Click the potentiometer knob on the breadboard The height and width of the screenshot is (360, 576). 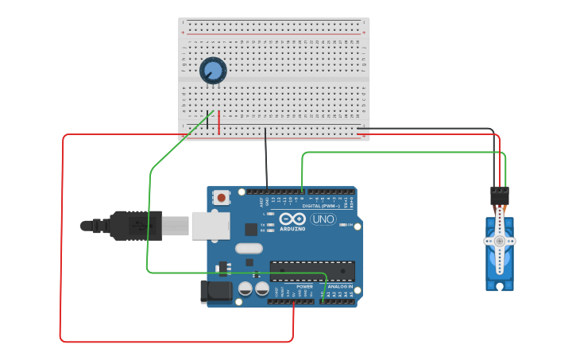tap(213, 71)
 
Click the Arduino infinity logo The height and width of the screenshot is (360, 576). tap(292, 219)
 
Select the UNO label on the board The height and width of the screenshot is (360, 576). tap(323, 219)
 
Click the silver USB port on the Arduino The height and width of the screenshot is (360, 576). tap(211, 226)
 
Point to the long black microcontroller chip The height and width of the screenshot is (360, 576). tap(311, 271)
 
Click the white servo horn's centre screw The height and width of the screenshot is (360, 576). tap(500, 241)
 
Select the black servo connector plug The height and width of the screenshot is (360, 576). tap(500, 195)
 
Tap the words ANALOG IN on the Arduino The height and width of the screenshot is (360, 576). tap(339, 286)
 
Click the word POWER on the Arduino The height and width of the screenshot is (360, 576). tap(304, 286)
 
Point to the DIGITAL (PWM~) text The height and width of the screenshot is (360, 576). tap(321, 206)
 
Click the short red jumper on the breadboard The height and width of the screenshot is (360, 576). tap(219, 121)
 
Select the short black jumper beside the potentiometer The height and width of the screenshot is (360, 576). tap(208, 120)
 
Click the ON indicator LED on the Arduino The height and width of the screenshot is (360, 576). tap(342, 225)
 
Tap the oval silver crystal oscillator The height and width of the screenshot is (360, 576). tap(249, 248)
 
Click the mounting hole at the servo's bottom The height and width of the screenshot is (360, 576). tap(500, 285)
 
